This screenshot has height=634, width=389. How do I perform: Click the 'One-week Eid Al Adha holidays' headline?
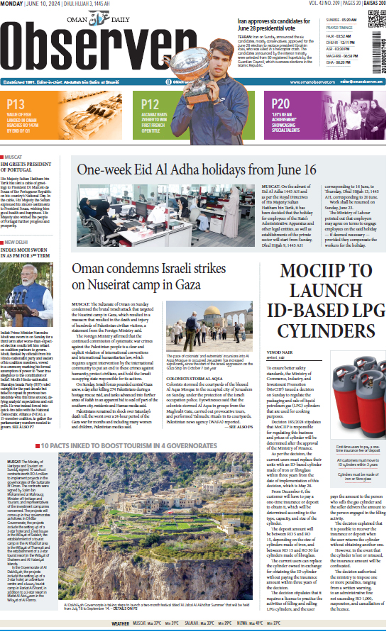[x=197, y=169]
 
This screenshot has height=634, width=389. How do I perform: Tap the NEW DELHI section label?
[x=20, y=243]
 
